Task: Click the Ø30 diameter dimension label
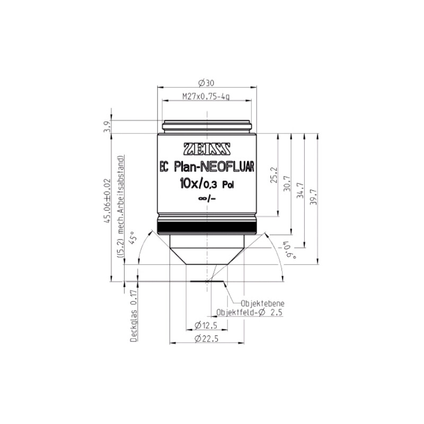pyautogui.click(x=206, y=83)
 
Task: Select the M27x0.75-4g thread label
pyautogui.click(x=206, y=96)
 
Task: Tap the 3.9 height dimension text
pyautogui.click(x=108, y=126)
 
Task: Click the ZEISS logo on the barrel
pyautogui.click(x=207, y=149)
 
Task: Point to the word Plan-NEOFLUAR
pyautogui.click(x=214, y=167)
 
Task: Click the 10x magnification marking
pyautogui.click(x=189, y=184)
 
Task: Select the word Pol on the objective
pyautogui.click(x=228, y=185)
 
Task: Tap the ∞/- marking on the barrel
pyautogui.click(x=207, y=199)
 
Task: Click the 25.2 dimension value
pyautogui.click(x=274, y=175)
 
